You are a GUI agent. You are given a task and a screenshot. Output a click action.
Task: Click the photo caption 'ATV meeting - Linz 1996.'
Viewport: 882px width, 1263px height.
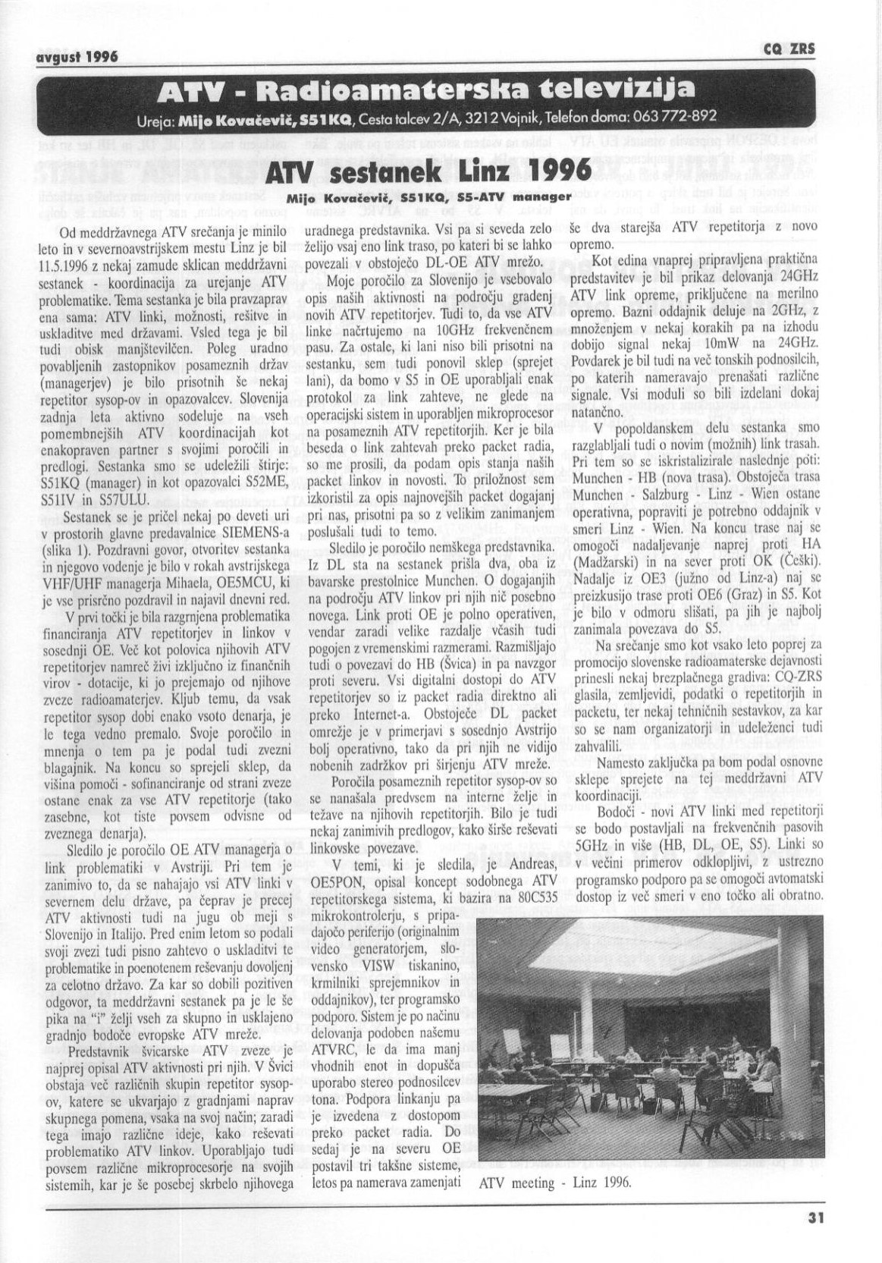[555, 1182]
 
